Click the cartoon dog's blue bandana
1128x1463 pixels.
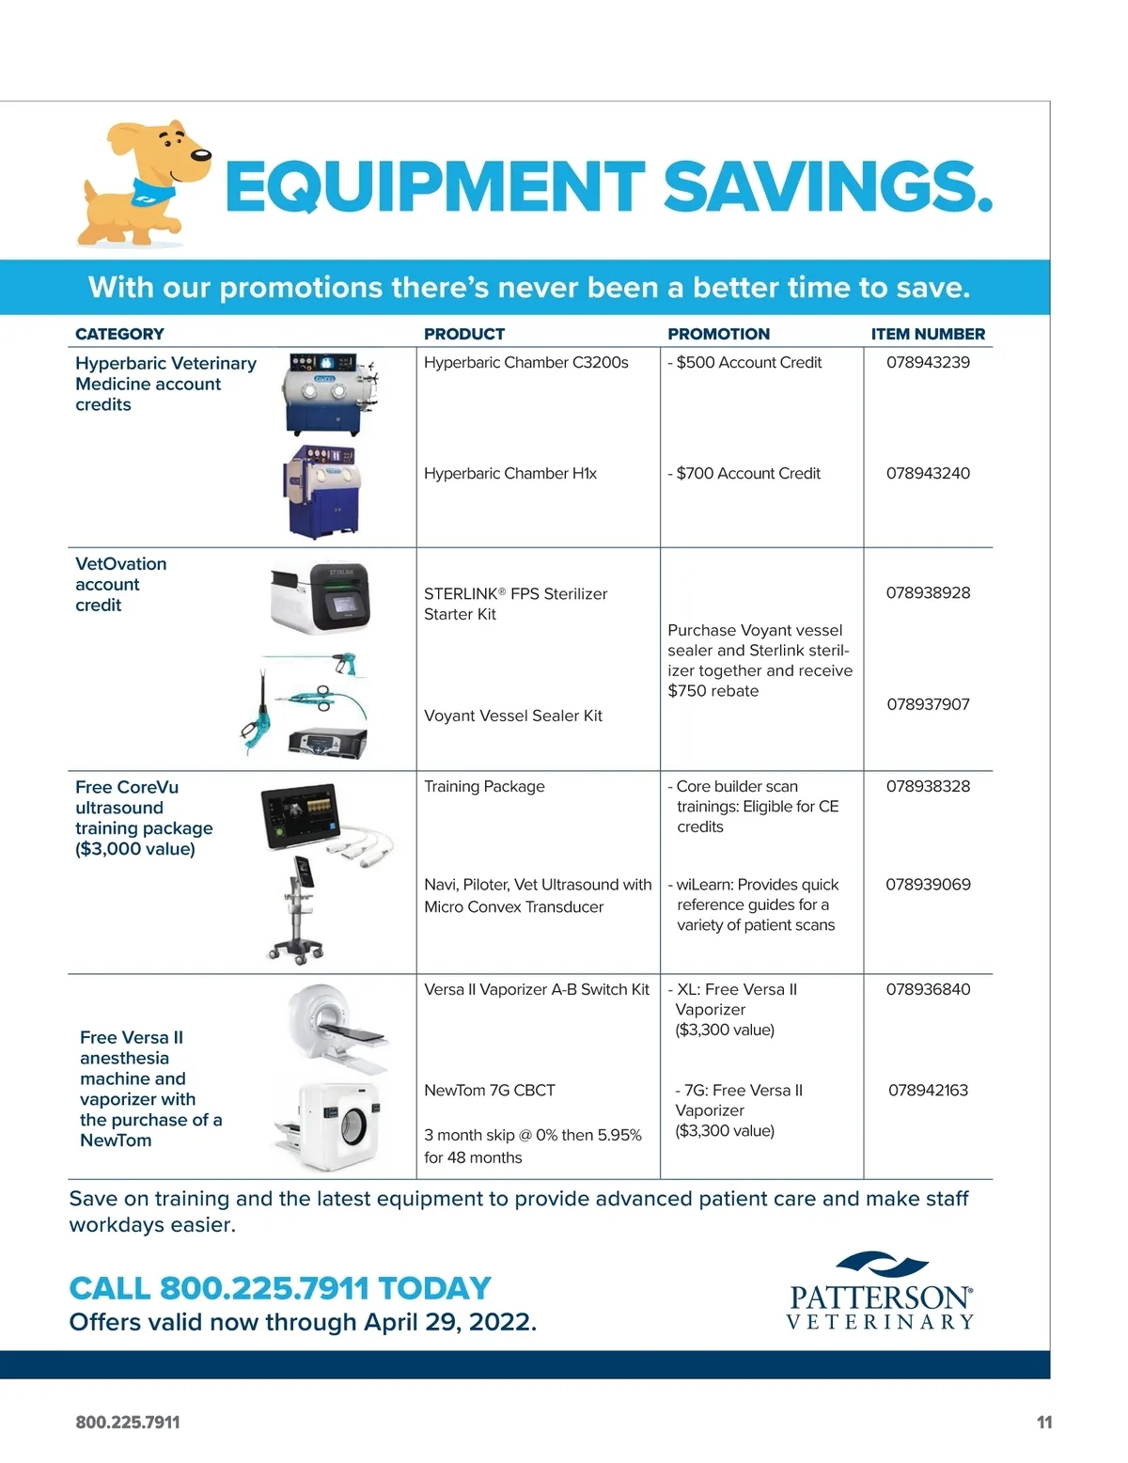[154, 192]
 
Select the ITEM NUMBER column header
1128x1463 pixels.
[928, 334]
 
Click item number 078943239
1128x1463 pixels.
[928, 362]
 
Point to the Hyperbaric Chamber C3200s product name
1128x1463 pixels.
[525, 362]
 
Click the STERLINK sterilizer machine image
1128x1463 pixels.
[320, 598]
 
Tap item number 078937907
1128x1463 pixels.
[928, 704]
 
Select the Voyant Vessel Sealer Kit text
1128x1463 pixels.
[512, 716]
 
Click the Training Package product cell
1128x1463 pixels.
[484, 786]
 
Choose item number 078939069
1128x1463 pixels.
[928, 885]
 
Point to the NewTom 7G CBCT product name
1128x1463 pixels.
[489, 1091]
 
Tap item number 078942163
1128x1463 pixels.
[928, 1091]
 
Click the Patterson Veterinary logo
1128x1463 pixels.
[880, 1292]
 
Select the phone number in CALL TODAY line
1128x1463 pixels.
[264, 1288]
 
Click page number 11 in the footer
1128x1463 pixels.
[1043, 1423]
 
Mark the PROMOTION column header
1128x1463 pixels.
[718, 334]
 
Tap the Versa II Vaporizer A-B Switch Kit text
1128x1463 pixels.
[536, 989]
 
